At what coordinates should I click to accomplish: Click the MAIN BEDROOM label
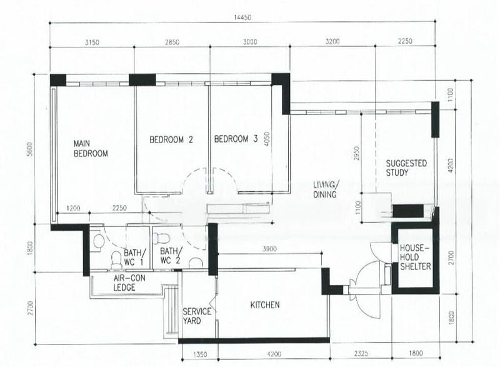[91, 148]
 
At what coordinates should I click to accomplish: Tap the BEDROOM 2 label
[170, 140]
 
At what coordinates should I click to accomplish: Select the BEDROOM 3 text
[236, 140]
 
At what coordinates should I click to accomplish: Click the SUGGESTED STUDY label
[406, 168]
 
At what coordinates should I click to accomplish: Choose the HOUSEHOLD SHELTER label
[415, 257]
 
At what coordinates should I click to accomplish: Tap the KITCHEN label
[265, 305]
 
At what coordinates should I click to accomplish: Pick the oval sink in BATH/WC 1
[97, 241]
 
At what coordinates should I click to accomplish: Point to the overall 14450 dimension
[242, 18]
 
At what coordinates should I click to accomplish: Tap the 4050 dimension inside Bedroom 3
[266, 139]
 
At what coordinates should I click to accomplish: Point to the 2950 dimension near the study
[356, 154]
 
